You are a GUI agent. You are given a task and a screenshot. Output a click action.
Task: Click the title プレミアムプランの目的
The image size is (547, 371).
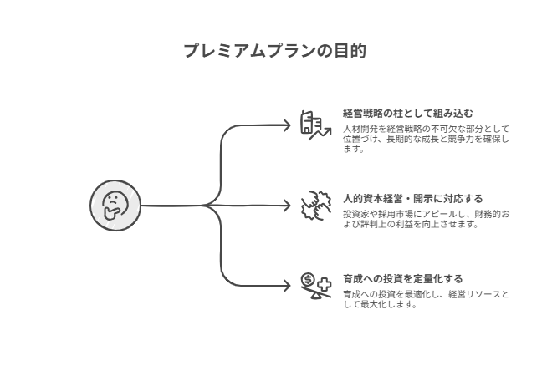point(273,50)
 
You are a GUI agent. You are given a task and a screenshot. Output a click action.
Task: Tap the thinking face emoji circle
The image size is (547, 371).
point(114,205)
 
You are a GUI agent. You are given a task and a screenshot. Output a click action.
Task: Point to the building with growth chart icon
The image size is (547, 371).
point(315,125)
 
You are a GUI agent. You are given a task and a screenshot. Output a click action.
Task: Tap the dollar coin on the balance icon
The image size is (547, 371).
point(308,279)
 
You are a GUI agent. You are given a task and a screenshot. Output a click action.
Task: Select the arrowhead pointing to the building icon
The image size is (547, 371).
point(287,125)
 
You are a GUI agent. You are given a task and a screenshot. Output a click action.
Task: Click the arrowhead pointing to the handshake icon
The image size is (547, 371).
point(287,205)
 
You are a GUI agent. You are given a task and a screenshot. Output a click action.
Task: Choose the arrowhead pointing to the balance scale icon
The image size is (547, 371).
point(287,285)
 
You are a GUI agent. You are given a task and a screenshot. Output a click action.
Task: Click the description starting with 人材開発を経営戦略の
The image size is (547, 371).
point(425,139)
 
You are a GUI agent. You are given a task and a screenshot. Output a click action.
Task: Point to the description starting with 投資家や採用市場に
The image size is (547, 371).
point(425,219)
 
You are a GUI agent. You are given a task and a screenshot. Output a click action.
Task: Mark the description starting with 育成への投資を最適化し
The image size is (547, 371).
point(425,299)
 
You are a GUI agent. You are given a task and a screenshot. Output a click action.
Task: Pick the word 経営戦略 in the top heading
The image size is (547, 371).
point(364,113)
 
